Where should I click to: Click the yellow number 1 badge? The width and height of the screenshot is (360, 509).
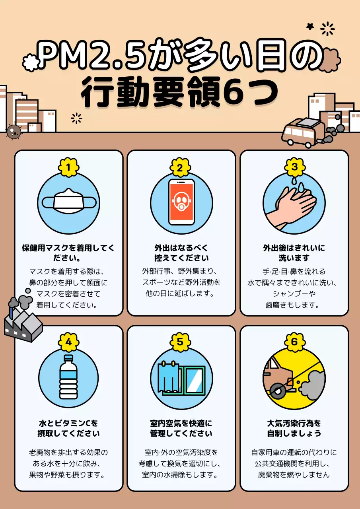click(x=68, y=168)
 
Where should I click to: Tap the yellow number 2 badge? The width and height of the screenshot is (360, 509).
click(x=180, y=168)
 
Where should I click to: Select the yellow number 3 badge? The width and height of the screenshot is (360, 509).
click(x=294, y=167)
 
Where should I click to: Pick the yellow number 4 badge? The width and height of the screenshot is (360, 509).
click(x=68, y=342)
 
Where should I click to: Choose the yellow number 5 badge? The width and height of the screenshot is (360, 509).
click(x=180, y=342)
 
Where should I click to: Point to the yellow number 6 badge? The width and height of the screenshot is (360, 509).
click(x=294, y=342)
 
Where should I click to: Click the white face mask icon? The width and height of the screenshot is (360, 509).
click(x=69, y=201)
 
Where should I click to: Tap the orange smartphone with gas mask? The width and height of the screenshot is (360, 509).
click(x=181, y=202)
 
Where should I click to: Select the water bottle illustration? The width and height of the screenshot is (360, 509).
click(x=68, y=377)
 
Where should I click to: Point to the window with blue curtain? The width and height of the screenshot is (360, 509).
click(x=181, y=378)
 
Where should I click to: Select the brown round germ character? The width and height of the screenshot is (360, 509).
click(x=13, y=132)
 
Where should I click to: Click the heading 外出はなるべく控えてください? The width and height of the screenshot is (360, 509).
click(x=181, y=253)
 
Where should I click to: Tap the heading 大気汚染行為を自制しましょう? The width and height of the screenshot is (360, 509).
click(x=294, y=428)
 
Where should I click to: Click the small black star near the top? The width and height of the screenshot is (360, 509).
click(x=310, y=27)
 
